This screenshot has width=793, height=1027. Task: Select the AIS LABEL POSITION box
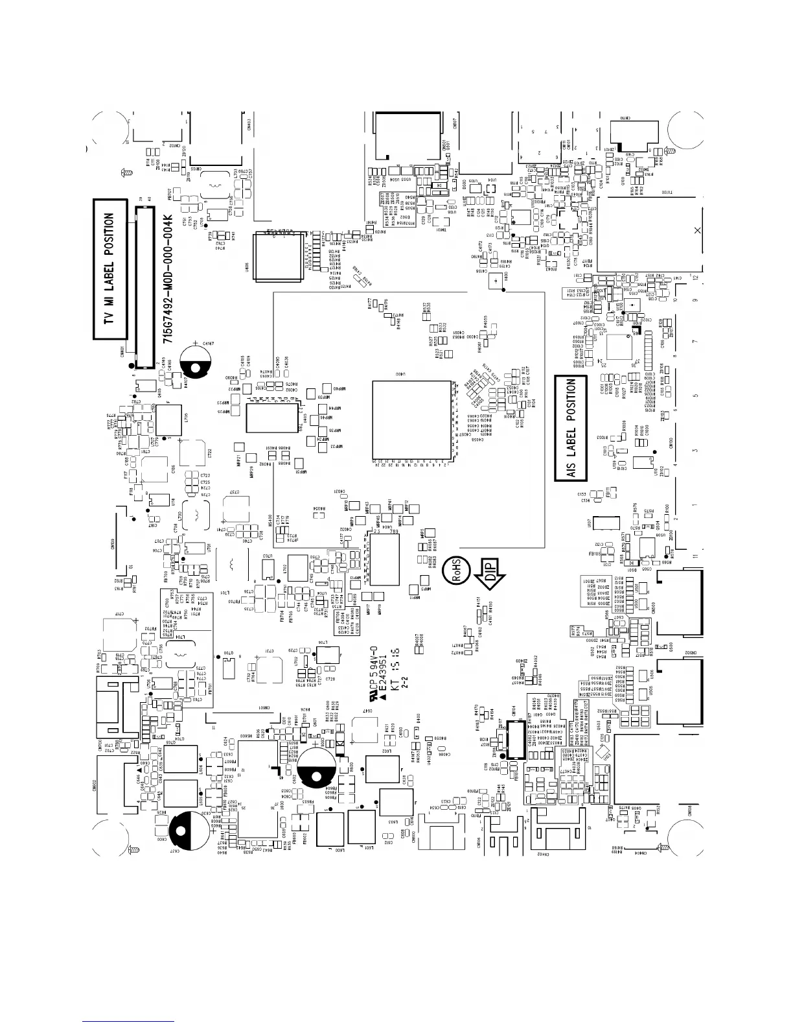[571, 429]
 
